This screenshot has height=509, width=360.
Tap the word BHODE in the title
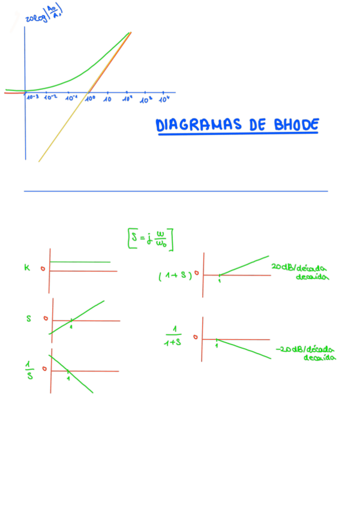(x=296, y=125)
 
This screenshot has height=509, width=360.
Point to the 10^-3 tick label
(x=32, y=97)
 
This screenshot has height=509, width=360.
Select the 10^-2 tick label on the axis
(x=50, y=97)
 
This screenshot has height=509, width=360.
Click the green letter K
(x=27, y=268)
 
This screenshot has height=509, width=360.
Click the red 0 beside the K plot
(x=43, y=268)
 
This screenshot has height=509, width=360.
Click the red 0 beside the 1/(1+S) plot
(x=195, y=337)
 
